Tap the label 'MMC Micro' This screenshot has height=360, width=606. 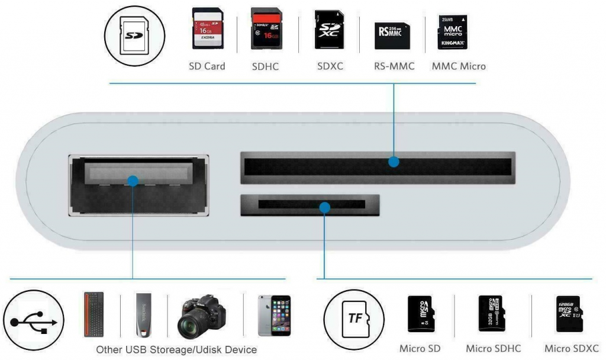459,66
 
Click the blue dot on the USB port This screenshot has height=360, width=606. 133,181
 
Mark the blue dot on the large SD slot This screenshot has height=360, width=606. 394,161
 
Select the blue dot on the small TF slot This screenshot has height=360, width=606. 324,207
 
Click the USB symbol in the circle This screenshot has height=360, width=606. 34,320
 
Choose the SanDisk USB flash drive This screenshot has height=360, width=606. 144,314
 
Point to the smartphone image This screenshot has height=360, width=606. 274,316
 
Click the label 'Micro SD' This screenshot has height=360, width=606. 420,349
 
